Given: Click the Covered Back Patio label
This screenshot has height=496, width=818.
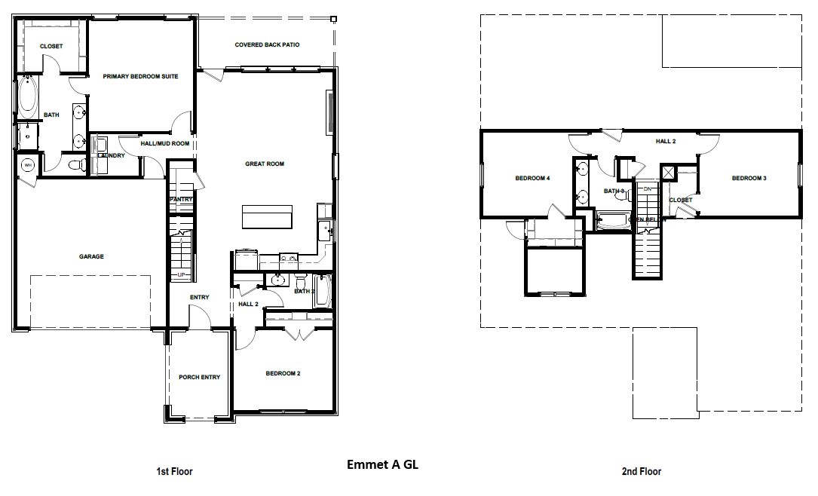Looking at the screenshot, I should coord(267,45).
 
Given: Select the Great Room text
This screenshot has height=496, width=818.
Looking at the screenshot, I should coord(264,164).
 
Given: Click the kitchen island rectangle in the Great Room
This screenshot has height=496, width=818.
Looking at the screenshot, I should coord(267,216).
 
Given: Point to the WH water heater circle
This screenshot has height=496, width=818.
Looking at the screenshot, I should coord(28,165).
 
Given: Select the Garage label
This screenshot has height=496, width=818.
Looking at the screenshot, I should coord(91,256).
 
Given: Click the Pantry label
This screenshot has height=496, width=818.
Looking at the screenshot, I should coord(182,199).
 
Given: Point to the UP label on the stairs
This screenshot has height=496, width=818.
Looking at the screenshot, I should coord(182,274).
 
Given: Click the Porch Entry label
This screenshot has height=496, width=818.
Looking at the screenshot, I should coord(199,378).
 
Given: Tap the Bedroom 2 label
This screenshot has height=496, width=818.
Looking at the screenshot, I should coord(283,373).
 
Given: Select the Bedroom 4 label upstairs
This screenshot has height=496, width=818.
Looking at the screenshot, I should coord(533,179).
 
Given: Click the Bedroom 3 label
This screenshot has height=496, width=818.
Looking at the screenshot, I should coord(749,179).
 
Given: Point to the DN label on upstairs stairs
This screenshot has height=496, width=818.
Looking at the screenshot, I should coord(647,188).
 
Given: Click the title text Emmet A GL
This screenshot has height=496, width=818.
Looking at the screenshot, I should coord(381,464).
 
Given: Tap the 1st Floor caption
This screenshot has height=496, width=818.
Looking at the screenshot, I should coord(174,472).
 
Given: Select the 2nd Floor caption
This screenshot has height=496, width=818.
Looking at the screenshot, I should coord(641,472).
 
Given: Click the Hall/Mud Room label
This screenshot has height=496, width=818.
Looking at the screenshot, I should coord(164,143).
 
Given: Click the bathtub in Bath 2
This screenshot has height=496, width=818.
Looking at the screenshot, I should coord(322,291).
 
